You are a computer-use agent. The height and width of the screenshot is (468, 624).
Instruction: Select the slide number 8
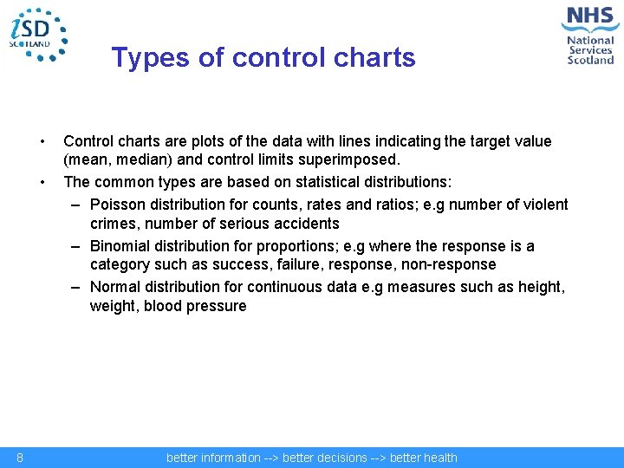pos(19,458)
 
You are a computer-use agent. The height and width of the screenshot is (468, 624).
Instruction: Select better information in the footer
pos(213,458)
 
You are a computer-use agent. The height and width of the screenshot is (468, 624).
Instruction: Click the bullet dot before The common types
pos(42,182)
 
